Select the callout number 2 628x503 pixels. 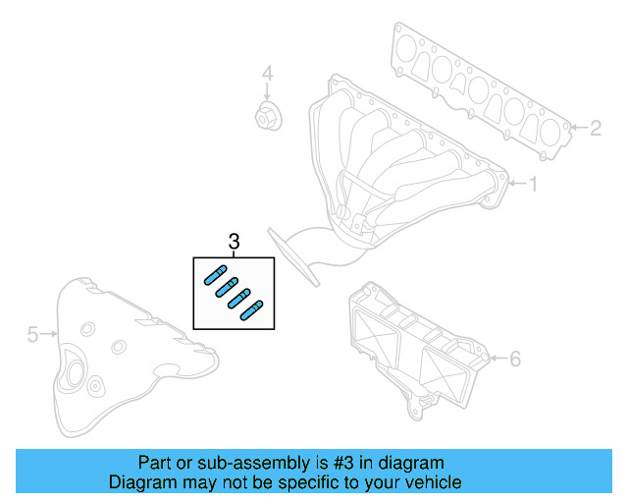click(x=596, y=127)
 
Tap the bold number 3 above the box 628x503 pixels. click(x=233, y=242)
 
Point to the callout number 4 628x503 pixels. click(x=266, y=74)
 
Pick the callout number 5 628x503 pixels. click(x=31, y=335)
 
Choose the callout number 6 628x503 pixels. click(x=515, y=359)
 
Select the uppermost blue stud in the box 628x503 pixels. click(x=215, y=275)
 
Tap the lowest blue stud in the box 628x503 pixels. click(x=251, y=309)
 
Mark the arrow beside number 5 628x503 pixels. click(x=49, y=335)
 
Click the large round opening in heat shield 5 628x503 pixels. click(x=73, y=374)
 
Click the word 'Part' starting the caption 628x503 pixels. click(x=154, y=462)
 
